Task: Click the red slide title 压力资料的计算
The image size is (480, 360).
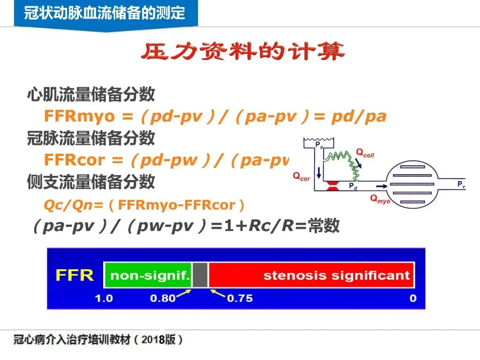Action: point(243,52)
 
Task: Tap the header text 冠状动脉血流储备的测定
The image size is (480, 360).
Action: point(105,13)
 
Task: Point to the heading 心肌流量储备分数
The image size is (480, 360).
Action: point(91,94)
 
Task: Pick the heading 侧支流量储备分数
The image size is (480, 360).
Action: point(91,182)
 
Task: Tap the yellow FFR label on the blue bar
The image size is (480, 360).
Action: point(74,275)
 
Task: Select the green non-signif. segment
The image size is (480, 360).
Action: point(148,275)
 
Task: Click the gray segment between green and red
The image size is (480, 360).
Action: point(200,275)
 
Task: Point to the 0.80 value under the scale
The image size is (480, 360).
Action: point(163,298)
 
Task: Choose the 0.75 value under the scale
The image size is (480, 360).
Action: point(240,298)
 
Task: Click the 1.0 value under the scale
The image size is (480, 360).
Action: point(104,298)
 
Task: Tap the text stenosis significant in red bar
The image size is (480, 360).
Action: point(336,275)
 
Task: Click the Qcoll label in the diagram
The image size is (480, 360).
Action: point(365,153)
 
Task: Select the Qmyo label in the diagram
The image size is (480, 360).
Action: point(380,200)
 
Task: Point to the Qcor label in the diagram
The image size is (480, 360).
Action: point(301,176)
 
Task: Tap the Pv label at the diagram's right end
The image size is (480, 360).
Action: point(461,184)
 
